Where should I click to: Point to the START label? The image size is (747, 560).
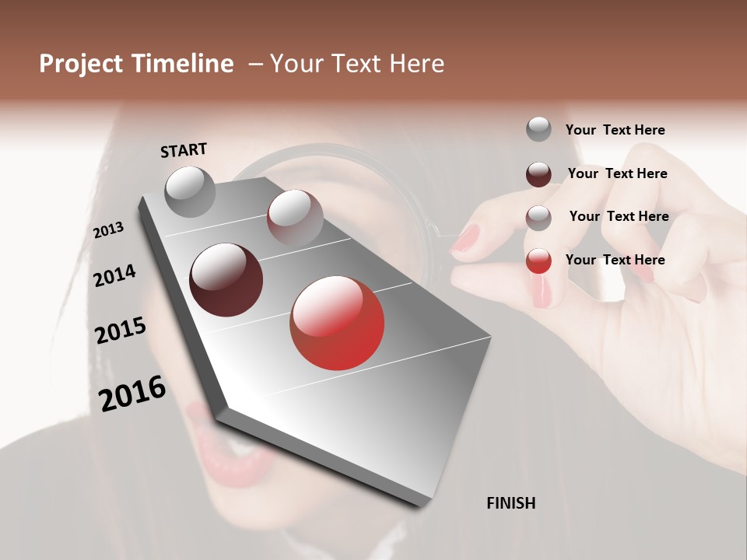pyautogui.click(x=184, y=150)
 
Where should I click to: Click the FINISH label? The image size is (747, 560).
pyautogui.click(x=511, y=503)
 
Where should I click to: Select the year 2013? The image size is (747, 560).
pyautogui.click(x=109, y=229)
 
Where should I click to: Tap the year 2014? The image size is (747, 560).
pyautogui.click(x=115, y=275)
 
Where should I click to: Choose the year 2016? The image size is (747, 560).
pyautogui.click(x=132, y=393)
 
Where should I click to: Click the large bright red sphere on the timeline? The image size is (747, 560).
pyautogui.click(x=337, y=323)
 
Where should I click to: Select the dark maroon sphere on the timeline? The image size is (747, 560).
pyautogui.click(x=226, y=280)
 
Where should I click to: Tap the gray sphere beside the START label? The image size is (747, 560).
pyautogui.click(x=191, y=191)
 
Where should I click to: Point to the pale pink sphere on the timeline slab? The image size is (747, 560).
pyautogui.click(x=295, y=216)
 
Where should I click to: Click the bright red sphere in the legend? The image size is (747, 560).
pyautogui.click(x=538, y=261)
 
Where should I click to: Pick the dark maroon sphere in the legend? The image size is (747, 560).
pyautogui.click(x=538, y=174)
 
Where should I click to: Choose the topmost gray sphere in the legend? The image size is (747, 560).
pyautogui.click(x=538, y=129)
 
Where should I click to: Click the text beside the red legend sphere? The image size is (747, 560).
pyautogui.click(x=615, y=260)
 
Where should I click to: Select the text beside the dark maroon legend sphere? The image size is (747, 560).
pyautogui.click(x=617, y=173)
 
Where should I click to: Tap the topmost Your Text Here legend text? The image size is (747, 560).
pyautogui.click(x=615, y=130)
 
